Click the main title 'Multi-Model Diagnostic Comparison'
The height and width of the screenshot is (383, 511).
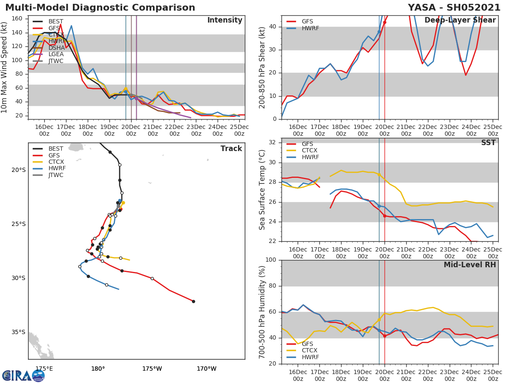point(100,8)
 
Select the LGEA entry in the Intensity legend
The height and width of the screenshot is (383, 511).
point(56,54)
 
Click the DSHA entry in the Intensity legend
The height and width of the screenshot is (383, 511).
point(56,47)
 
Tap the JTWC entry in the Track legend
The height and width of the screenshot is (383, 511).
point(56,175)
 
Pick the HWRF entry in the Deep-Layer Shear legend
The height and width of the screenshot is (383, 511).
point(310,28)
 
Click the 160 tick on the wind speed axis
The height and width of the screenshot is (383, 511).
point(20,19)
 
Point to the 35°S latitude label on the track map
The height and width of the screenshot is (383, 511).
point(18,332)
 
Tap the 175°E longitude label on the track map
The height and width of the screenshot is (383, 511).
point(44,369)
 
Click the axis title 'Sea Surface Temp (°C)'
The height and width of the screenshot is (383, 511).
point(262,190)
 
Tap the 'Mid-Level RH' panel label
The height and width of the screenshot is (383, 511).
point(469,265)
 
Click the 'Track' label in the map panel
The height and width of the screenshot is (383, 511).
point(231,149)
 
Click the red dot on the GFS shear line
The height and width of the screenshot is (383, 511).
point(385,22)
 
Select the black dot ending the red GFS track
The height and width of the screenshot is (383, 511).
point(193,301)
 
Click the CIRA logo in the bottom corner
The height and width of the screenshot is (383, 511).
point(23,375)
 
